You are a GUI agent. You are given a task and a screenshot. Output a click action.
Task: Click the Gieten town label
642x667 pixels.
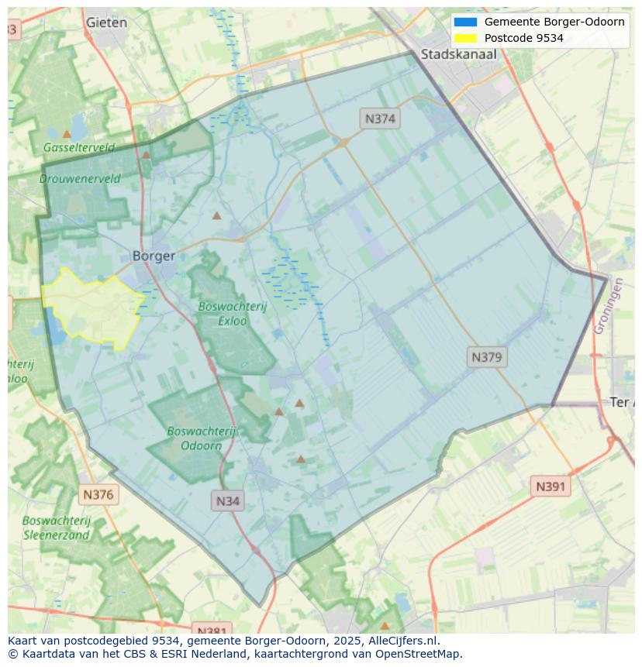106,22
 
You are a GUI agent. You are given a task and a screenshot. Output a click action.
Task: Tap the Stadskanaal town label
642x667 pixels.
458,54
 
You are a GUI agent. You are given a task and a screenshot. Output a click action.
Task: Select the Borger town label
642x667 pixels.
154,256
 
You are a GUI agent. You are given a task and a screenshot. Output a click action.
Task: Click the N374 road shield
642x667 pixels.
380,119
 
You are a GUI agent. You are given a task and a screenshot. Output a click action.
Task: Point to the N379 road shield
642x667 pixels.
488,357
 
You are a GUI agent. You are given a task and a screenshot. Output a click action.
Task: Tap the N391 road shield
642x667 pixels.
551,486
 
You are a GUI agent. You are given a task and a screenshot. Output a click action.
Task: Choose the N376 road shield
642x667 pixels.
98,494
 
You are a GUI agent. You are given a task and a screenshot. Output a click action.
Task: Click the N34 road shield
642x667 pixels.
227,500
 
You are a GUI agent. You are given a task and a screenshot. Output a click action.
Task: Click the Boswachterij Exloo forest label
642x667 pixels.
232,313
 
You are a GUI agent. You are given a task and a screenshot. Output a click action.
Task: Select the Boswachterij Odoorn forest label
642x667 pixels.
201,438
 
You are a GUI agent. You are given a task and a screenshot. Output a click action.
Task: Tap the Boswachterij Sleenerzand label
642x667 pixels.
57,528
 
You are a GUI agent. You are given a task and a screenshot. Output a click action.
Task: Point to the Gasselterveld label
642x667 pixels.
79,147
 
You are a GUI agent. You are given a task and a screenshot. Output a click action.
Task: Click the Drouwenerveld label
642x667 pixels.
80,178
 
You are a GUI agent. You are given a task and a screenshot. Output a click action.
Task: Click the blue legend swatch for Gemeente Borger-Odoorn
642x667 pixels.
465,22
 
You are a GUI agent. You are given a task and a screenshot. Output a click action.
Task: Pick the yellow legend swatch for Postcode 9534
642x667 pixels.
465,38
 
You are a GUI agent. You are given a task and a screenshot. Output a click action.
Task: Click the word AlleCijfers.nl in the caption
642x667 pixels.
401,641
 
